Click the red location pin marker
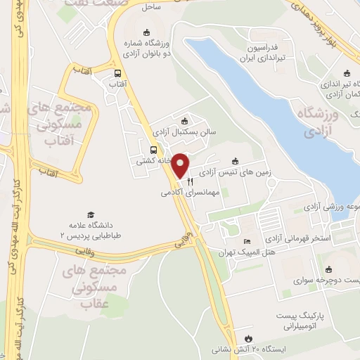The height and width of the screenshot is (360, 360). (x=181, y=165)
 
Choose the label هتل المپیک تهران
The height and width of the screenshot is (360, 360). (x=248, y=252)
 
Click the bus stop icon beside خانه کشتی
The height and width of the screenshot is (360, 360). (x=153, y=149)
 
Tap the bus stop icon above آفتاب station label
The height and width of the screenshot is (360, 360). (x=117, y=72)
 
